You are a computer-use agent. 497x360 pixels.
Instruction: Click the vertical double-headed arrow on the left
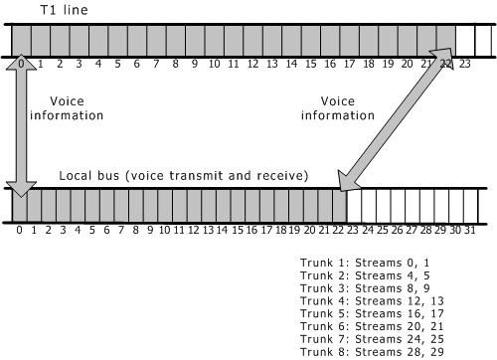tap(20, 124)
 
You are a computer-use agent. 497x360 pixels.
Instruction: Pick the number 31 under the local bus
tap(469, 230)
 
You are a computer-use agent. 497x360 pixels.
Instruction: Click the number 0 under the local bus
tap(19, 230)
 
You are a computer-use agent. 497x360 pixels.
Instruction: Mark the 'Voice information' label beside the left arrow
tap(69, 108)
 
